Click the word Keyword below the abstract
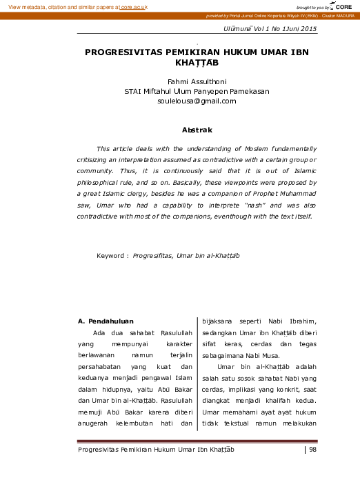click(x=111, y=255)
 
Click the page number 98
click(x=313, y=450)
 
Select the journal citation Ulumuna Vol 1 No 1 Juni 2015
click(x=270, y=28)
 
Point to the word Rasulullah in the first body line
click(x=157, y=332)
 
